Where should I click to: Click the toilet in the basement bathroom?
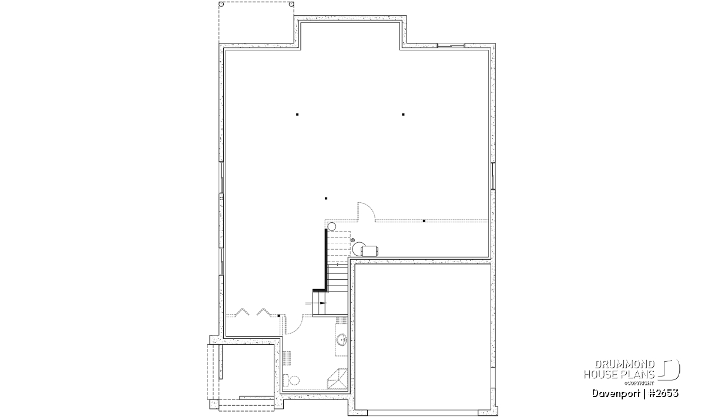point(291,381)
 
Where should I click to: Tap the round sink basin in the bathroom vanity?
point(342,340)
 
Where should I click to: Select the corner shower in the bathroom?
point(337,379)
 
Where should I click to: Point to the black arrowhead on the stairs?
point(323,303)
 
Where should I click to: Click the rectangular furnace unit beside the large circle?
point(370,251)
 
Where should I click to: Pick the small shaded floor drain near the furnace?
point(353,240)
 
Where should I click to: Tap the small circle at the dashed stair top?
point(332,226)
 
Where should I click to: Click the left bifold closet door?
point(242,312)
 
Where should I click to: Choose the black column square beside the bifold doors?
point(279,316)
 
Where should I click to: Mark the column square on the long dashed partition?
point(424,221)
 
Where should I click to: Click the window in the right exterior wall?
point(493,176)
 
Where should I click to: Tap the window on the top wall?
point(451,46)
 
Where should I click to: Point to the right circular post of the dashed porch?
point(291,5)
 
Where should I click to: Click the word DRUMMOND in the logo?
point(625,364)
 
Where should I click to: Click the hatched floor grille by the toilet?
point(287,358)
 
